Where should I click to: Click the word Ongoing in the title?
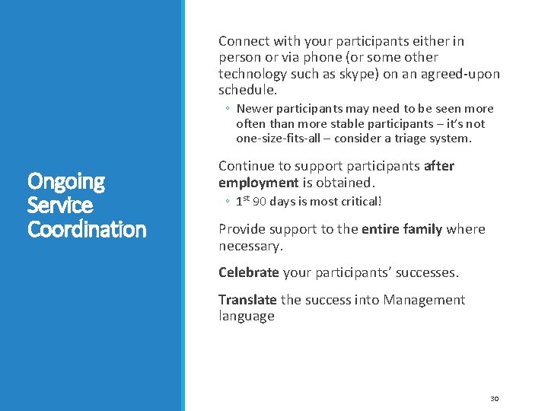[65, 181]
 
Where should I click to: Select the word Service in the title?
[59, 205]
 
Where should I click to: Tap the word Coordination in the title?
[87, 229]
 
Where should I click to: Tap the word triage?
[422, 139]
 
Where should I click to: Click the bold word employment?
[258, 183]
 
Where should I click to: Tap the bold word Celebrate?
[248, 272]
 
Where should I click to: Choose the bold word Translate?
[247, 300]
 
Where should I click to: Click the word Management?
[424, 300]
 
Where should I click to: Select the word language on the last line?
[246, 316]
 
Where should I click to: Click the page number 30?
[494, 398]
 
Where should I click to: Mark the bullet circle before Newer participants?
[228, 110]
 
